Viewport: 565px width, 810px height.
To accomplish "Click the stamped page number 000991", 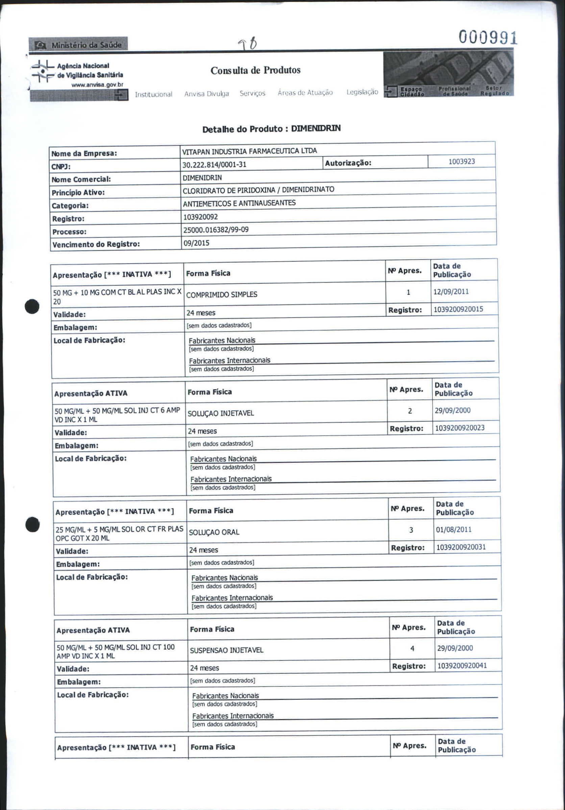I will click(488, 38).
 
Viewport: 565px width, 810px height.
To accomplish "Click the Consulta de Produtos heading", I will click(255, 70).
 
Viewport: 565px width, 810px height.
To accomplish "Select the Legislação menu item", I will click(362, 92).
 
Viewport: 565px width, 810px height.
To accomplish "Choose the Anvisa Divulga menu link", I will click(206, 94).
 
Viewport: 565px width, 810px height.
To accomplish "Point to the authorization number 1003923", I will click(461, 162).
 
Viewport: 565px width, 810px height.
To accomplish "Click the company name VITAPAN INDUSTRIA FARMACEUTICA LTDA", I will click(249, 151).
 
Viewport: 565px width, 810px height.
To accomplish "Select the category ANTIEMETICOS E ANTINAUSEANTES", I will click(239, 203).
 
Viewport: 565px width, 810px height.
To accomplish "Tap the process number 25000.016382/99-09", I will click(216, 230).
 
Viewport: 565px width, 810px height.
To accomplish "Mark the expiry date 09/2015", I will click(196, 243).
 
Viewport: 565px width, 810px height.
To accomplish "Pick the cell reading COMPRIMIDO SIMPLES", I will click(221, 295).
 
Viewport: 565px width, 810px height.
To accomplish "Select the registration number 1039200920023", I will click(460, 428).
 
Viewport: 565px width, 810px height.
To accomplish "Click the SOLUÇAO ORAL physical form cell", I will click(214, 532).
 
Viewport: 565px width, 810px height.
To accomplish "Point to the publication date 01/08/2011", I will click(453, 530).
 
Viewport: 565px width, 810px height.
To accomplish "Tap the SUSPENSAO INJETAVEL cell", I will click(226, 650).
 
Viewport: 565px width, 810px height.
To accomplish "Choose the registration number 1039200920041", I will click(462, 666).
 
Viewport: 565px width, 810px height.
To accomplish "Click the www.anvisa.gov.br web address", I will click(97, 85).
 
